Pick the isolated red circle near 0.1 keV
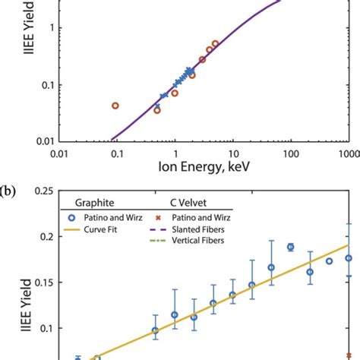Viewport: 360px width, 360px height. tap(115, 106)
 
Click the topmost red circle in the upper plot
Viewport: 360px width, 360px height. tap(215, 44)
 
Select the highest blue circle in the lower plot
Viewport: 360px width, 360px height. tap(290, 247)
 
